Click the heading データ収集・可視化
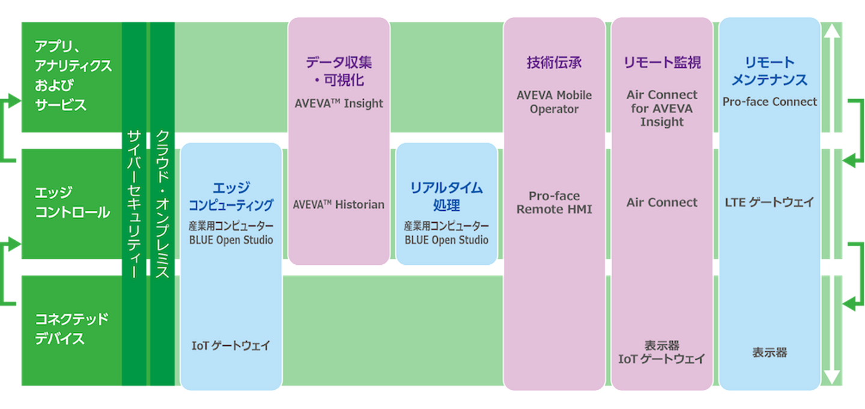click(339, 71)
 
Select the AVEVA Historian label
click(339, 204)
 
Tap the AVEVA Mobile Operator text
click(554, 102)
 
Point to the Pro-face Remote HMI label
click(554, 202)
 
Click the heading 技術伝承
click(554, 62)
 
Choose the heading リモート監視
click(662, 62)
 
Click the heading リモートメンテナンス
click(769, 71)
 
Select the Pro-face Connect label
click(769, 101)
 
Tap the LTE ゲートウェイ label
click(769, 202)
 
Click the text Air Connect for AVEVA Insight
click(662, 108)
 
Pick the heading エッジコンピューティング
click(231, 196)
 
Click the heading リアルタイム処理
click(446, 196)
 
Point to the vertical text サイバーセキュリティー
click(134, 204)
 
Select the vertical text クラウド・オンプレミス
click(162, 204)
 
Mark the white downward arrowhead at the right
click(831, 377)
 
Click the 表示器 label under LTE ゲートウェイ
click(769, 353)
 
